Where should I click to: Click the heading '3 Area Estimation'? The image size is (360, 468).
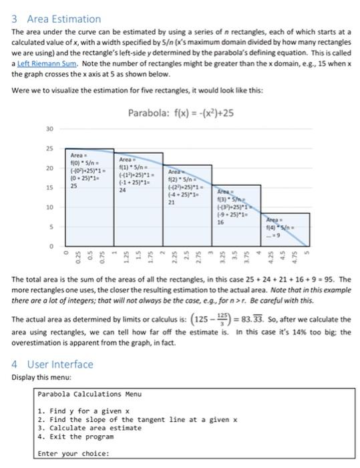(x=57, y=19)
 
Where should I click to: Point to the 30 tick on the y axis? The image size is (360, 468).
(x=49, y=129)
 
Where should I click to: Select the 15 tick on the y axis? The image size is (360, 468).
(x=49, y=189)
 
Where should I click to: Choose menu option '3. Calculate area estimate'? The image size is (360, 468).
(x=89, y=428)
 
